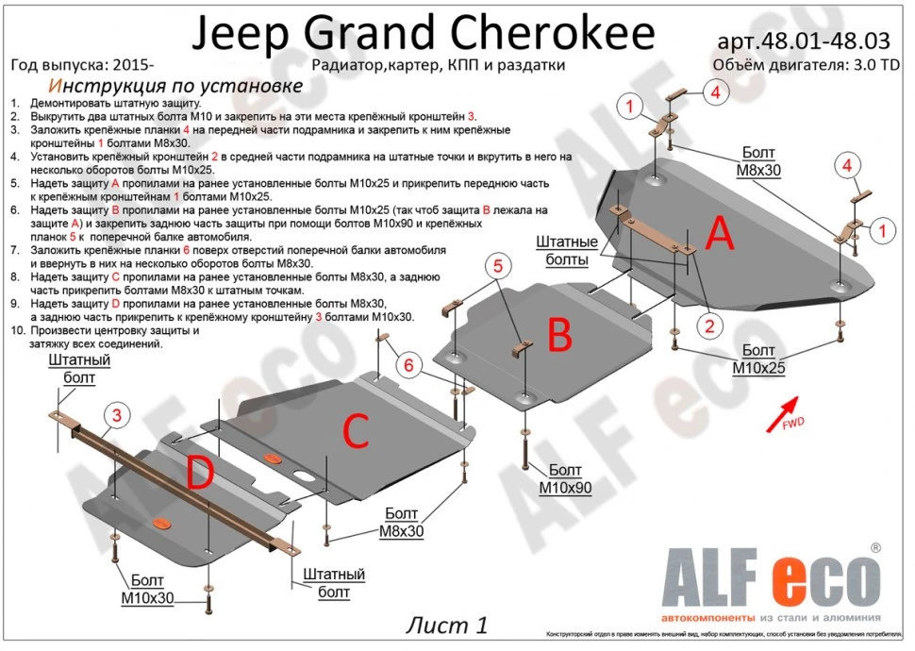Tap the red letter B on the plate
pyautogui.click(x=560, y=334)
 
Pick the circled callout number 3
pyautogui.click(x=116, y=416)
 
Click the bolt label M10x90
pyautogui.click(x=565, y=479)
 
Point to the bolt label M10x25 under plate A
pyautogui.click(x=757, y=359)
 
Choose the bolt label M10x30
pyautogui.click(x=147, y=590)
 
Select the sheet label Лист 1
pyautogui.click(x=448, y=625)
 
